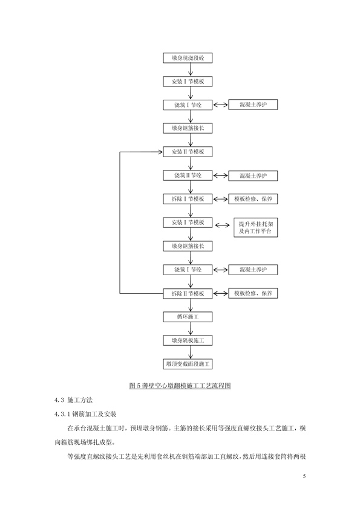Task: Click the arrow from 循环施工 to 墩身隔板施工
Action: [191, 329]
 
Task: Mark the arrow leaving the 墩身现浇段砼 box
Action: [191, 70]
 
